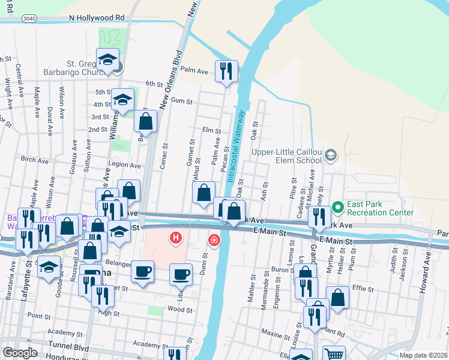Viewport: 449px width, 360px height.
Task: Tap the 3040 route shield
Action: [29, 19]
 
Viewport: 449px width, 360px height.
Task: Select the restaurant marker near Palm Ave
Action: [226, 72]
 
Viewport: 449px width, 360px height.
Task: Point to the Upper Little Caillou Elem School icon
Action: [330, 157]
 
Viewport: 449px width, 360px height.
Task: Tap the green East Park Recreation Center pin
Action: [338, 208]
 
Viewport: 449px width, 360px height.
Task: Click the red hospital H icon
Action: [176, 238]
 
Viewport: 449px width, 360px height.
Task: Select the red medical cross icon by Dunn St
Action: [214, 241]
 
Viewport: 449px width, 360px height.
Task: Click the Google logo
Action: [20, 352]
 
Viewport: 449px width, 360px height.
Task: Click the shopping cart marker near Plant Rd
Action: [334, 355]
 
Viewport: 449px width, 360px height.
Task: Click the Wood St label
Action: [180, 310]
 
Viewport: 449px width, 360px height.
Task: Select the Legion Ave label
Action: [124, 164]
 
